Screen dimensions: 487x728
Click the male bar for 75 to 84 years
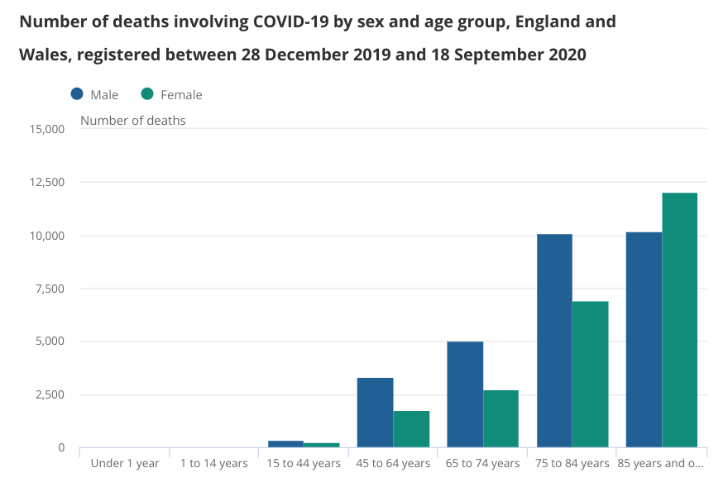click(x=554, y=341)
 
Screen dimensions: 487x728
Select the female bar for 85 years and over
click(x=679, y=320)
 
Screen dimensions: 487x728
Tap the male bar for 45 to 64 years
click(x=375, y=413)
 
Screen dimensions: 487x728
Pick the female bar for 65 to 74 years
click(x=500, y=418)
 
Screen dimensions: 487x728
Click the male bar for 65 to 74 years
click(x=465, y=394)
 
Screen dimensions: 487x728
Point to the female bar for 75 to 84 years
click(x=590, y=374)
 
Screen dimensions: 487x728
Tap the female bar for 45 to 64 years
click(x=411, y=429)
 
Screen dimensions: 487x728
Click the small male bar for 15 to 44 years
click(x=285, y=444)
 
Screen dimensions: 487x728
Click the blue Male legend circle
click(x=77, y=94)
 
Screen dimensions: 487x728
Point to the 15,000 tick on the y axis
click(x=46, y=129)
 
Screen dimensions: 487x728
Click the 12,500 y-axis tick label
click(x=46, y=182)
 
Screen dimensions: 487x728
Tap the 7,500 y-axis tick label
click(x=50, y=289)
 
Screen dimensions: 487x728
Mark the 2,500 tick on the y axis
click(x=50, y=394)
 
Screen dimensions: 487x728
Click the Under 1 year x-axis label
click(x=124, y=463)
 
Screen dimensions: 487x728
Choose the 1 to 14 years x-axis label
click(x=213, y=463)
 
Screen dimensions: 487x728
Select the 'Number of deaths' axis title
click(x=132, y=121)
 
